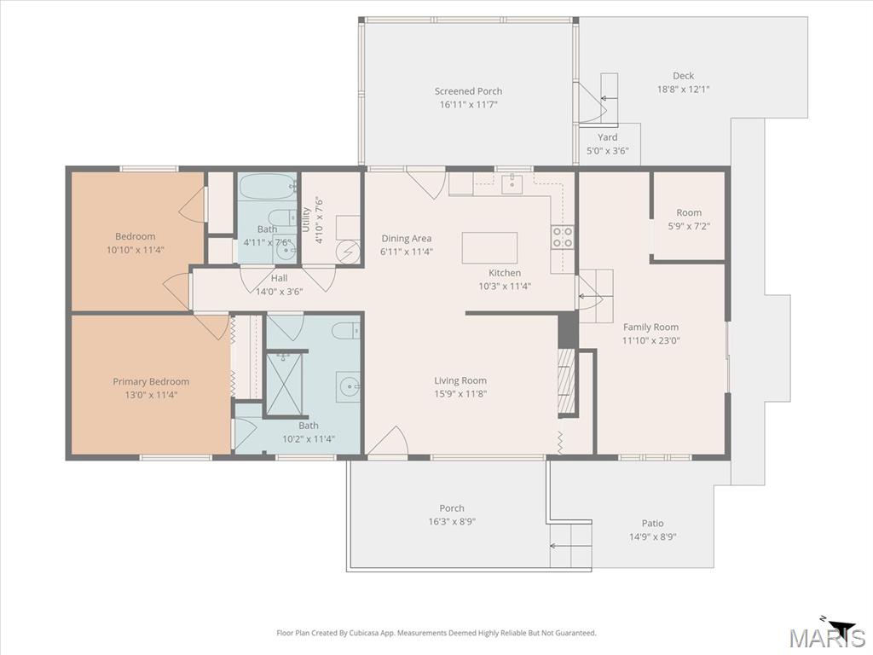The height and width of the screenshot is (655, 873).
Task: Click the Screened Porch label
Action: tap(468, 91)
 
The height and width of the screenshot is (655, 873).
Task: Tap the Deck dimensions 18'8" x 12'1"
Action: tap(683, 89)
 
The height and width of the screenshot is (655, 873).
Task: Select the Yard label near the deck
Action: tap(607, 137)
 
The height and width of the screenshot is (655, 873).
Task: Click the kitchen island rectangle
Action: tap(489, 248)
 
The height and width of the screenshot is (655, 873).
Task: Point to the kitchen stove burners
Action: tap(563, 237)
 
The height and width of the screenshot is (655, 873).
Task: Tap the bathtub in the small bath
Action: tap(267, 187)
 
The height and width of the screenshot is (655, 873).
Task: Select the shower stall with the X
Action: tap(285, 385)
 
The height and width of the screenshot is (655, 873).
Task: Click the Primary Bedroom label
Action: tap(151, 381)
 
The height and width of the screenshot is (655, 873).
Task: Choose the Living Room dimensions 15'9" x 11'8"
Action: tap(460, 394)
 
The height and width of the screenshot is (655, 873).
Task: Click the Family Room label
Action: tap(650, 327)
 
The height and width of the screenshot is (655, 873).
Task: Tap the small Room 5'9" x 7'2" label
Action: tap(689, 212)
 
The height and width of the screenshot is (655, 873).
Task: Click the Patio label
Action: tap(652, 524)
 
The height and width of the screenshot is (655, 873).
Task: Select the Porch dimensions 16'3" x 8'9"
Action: tap(452, 522)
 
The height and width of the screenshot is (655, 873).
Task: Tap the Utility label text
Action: tap(306, 219)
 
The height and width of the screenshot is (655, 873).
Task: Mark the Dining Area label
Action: tap(407, 239)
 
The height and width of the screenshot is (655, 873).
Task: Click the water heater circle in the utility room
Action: tap(348, 252)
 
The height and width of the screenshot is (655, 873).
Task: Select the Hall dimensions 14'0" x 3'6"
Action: tap(279, 291)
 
